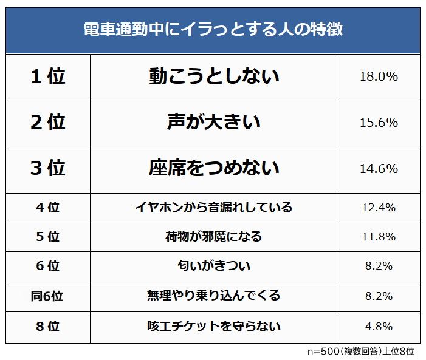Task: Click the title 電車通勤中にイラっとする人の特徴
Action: [x=213, y=30]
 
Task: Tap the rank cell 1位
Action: [x=47, y=77]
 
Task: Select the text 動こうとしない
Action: [x=214, y=77]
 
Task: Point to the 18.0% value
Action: [x=379, y=77]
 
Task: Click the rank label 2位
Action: [x=47, y=123]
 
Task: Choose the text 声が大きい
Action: [x=214, y=123]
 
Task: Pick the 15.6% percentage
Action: [x=379, y=123]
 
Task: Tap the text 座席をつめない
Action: [x=214, y=168]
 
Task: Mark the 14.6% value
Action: [x=379, y=168]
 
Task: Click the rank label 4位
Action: [x=47, y=208]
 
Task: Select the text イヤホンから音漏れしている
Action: [x=214, y=208]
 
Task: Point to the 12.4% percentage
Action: [x=379, y=208]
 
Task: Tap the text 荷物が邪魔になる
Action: [x=214, y=237]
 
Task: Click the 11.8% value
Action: [x=379, y=237]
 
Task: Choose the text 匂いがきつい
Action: [x=214, y=266]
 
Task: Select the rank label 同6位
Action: [x=47, y=296]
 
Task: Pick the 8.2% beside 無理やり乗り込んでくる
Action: [x=379, y=296]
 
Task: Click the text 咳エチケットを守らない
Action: [x=214, y=327]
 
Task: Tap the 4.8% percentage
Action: [x=379, y=327]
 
